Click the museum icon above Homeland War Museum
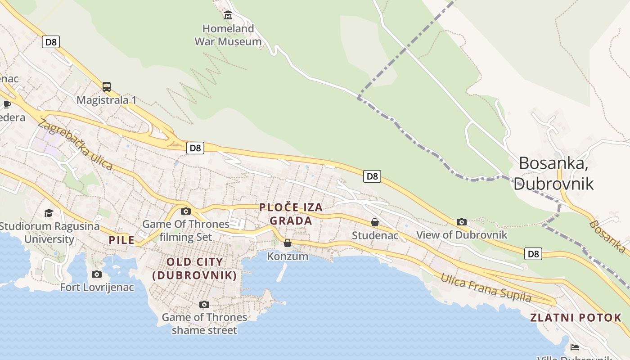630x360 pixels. pos(228,15)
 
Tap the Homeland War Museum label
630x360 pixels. pos(228,35)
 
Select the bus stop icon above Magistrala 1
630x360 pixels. pos(107,86)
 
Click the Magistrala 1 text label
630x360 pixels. pos(106,100)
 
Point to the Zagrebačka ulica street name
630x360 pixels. pos(75,144)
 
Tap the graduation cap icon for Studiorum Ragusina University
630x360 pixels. pos(49,212)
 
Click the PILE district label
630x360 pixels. pos(121,240)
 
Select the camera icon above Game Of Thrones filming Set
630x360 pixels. pos(186,211)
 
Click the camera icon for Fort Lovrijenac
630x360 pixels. pos(97,274)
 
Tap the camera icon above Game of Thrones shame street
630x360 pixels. pos(204,305)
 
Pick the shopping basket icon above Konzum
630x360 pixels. pos(288,243)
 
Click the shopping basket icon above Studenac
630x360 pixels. pos(375,222)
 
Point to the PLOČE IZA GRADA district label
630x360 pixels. pos(291,214)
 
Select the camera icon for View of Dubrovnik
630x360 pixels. pos(462,222)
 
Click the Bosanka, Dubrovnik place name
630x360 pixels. pos(553,173)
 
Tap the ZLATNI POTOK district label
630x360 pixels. pos(576,318)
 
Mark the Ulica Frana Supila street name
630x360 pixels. pos(486,288)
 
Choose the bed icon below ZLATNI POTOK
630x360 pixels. pos(575,347)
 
